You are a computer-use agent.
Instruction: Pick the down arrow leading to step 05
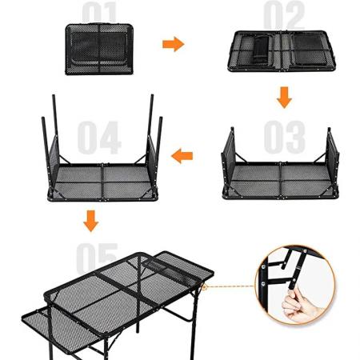coord(91,218)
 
